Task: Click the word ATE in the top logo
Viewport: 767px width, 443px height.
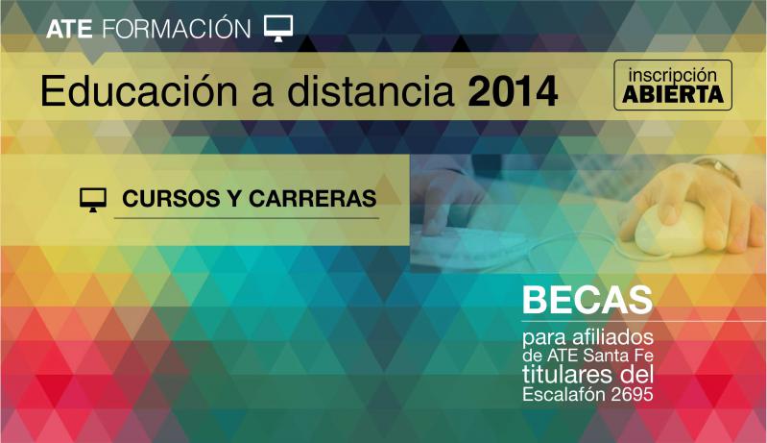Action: pos(69,30)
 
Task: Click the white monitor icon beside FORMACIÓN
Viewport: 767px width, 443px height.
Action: pos(278,28)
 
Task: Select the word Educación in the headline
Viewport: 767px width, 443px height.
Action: pos(138,91)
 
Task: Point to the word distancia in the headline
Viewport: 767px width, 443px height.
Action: pos(371,91)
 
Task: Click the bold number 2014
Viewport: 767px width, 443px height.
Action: pos(513,91)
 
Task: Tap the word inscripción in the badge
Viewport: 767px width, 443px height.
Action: pos(673,75)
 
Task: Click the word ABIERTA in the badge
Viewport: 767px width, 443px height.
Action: pos(673,94)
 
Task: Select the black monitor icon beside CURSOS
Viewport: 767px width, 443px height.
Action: pos(93,200)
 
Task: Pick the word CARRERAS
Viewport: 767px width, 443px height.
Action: pos(313,199)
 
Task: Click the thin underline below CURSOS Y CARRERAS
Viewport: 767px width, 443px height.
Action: pos(247,218)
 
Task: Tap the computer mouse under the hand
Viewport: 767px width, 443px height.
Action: pos(670,228)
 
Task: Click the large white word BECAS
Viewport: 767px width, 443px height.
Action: pos(587,300)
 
